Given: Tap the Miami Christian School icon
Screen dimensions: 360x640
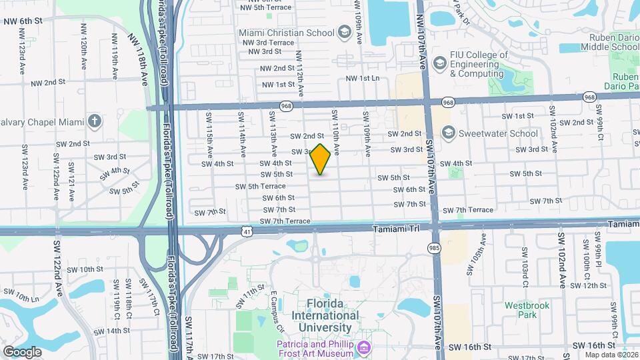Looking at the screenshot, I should tap(344, 32).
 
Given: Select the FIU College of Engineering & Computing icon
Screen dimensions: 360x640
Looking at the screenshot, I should tap(439, 63).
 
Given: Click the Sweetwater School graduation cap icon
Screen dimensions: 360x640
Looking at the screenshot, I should tap(446, 133).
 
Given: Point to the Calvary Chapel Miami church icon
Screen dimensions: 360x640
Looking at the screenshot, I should tap(95, 121).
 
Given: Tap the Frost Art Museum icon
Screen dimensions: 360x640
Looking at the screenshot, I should tap(364, 348).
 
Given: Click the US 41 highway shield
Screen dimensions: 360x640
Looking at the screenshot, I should tap(247, 231).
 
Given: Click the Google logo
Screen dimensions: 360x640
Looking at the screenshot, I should tap(23, 351).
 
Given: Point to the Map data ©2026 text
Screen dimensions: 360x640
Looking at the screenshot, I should tap(611, 355).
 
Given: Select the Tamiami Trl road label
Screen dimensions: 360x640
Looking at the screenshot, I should tap(396, 228).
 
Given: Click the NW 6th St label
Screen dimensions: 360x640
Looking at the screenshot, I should tap(23, 21).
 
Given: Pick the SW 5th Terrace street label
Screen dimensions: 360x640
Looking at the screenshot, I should tap(267, 186).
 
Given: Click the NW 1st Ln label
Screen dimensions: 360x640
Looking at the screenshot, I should tap(360, 78).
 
